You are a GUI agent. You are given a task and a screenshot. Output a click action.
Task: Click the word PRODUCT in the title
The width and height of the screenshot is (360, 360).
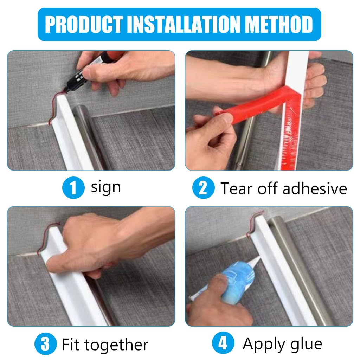84,25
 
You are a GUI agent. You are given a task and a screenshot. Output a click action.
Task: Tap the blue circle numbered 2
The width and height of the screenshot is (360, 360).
203,188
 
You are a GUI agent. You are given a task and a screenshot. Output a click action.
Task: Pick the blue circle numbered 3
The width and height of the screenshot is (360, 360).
45,344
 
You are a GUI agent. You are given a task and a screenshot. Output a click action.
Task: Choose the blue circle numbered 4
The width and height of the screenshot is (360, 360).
223,343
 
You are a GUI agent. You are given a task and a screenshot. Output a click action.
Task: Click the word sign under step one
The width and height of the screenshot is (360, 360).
106,187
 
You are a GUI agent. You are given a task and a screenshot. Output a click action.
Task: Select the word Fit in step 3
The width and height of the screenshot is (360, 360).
72,344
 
